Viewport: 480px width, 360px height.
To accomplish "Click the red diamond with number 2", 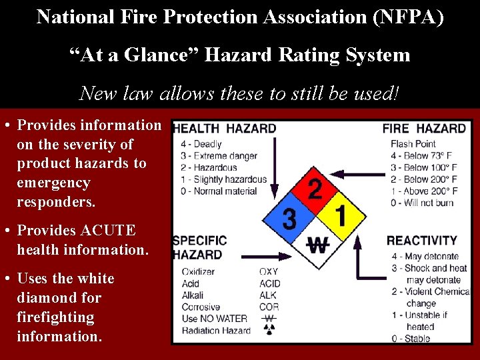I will coord(315,189).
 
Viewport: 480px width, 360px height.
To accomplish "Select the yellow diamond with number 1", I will coord(341,216).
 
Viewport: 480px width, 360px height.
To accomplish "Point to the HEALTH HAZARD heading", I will coord(225,129).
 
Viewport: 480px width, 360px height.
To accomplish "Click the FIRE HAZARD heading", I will coord(424,129).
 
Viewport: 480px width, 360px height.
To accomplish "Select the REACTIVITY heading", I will coord(422,241).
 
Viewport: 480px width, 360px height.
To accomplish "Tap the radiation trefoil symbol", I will coord(269,331).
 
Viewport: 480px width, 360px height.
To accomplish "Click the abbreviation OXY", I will coord(269,271).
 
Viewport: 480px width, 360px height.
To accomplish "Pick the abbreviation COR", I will coord(269,307).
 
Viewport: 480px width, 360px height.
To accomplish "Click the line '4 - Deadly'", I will coord(199,144).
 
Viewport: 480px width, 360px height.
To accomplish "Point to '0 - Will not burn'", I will coord(421,203).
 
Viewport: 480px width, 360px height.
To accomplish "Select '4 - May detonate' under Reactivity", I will coord(425,256).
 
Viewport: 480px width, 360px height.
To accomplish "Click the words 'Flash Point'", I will coord(413,144).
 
